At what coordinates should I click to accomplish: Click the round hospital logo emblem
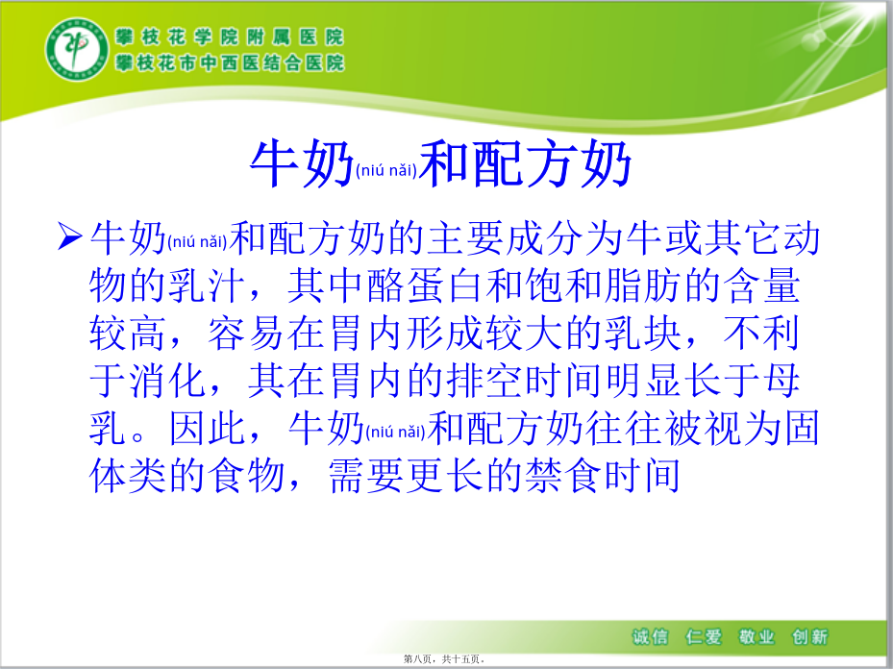(x=77, y=49)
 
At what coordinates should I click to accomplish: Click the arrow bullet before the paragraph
(x=69, y=236)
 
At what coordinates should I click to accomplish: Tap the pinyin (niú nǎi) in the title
(x=386, y=170)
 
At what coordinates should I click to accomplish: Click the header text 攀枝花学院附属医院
(x=230, y=37)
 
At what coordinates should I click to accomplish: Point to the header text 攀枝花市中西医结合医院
(x=230, y=62)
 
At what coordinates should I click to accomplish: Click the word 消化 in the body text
(x=167, y=381)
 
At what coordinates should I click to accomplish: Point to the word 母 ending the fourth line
(x=781, y=381)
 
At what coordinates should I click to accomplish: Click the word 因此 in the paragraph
(x=207, y=428)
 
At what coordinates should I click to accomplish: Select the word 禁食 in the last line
(x=564, y=476)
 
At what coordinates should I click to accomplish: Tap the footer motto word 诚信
(x=650, y=636)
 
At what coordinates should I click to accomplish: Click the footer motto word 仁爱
(x=704, y=636)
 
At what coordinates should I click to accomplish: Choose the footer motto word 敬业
(x=757, y=636)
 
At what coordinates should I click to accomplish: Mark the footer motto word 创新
(x=809, y=636)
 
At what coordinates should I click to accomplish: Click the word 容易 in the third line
(x=245, y=334)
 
